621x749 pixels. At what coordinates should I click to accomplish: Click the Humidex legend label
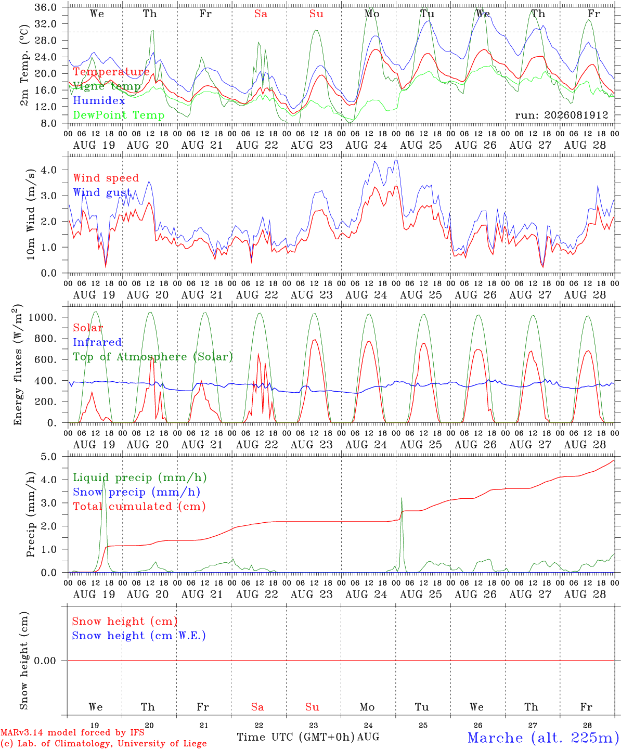pos(99,100)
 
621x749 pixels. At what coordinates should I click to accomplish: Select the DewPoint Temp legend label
pos(119,115)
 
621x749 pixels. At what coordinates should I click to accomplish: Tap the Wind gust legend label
pos(102,192)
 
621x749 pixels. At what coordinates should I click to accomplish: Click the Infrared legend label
pos(97,342)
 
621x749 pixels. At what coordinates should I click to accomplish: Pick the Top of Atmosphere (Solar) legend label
pos(153,357)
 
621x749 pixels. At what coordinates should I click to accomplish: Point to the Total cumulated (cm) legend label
pos(139,507)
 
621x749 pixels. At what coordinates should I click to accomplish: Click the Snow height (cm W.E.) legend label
pos(138,636)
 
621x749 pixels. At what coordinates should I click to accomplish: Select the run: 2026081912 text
pos(561,115)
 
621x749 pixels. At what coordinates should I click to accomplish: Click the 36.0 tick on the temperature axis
pos(46,7)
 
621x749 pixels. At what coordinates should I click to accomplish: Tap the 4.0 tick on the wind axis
pos(49,170)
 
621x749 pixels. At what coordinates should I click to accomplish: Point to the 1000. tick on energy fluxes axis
pos(43,317)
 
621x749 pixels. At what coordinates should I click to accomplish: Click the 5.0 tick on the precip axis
pos(49,457)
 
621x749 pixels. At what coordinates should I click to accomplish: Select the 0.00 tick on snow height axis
pos(45,661)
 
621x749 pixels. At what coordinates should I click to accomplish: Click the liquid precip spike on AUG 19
pos(103,480)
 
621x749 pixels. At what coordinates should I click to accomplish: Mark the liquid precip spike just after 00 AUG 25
pos(402,499)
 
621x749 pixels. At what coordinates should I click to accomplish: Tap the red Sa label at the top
pos(261,14)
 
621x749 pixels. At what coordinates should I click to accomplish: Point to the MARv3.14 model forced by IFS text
pos(72,732)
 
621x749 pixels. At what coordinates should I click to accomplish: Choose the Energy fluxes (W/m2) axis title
pos(18,365)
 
